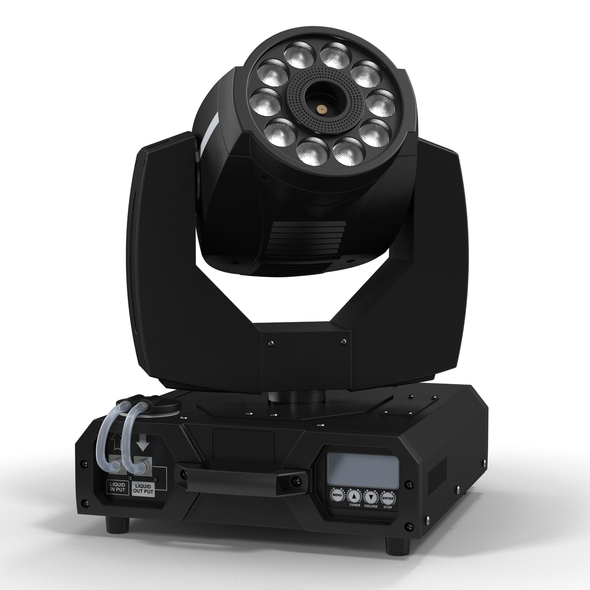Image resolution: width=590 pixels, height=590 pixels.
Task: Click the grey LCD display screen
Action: click(360, 469)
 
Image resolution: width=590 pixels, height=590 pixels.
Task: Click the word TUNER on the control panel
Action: click(354, 505)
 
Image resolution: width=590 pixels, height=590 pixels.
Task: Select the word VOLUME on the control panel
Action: click(371, 506)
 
